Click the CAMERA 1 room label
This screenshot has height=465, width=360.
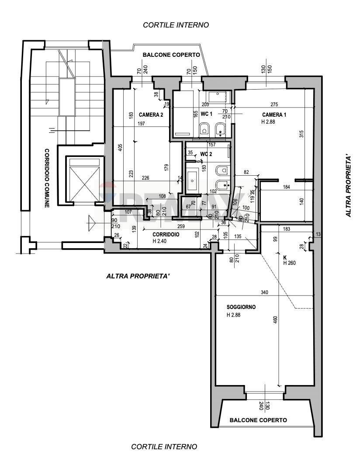coord(274,115)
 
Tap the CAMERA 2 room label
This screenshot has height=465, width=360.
coord(151,115)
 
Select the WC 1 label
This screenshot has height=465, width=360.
coord(206,114)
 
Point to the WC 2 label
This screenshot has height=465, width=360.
coord(206,154)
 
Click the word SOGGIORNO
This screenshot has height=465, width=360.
coord(241,307)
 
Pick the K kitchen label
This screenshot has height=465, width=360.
coord(285,257)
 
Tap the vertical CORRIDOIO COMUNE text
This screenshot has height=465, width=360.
coord(47,178)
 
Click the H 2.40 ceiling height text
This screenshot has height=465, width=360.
coord(160,241)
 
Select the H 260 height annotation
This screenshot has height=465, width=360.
coord(291,263)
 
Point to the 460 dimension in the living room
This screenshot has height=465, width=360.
coord(275,320)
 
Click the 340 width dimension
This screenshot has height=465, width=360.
coord(264,292)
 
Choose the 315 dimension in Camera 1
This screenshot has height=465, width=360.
coord(301,135)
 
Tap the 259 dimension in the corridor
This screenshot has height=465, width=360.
coord(181,226)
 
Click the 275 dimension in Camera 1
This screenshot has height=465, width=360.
coord(274,104)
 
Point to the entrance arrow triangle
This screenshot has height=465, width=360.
coord(91,223)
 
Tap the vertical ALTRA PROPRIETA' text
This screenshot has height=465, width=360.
coord(348,185)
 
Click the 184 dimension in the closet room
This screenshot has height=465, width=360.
coord(286,187)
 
